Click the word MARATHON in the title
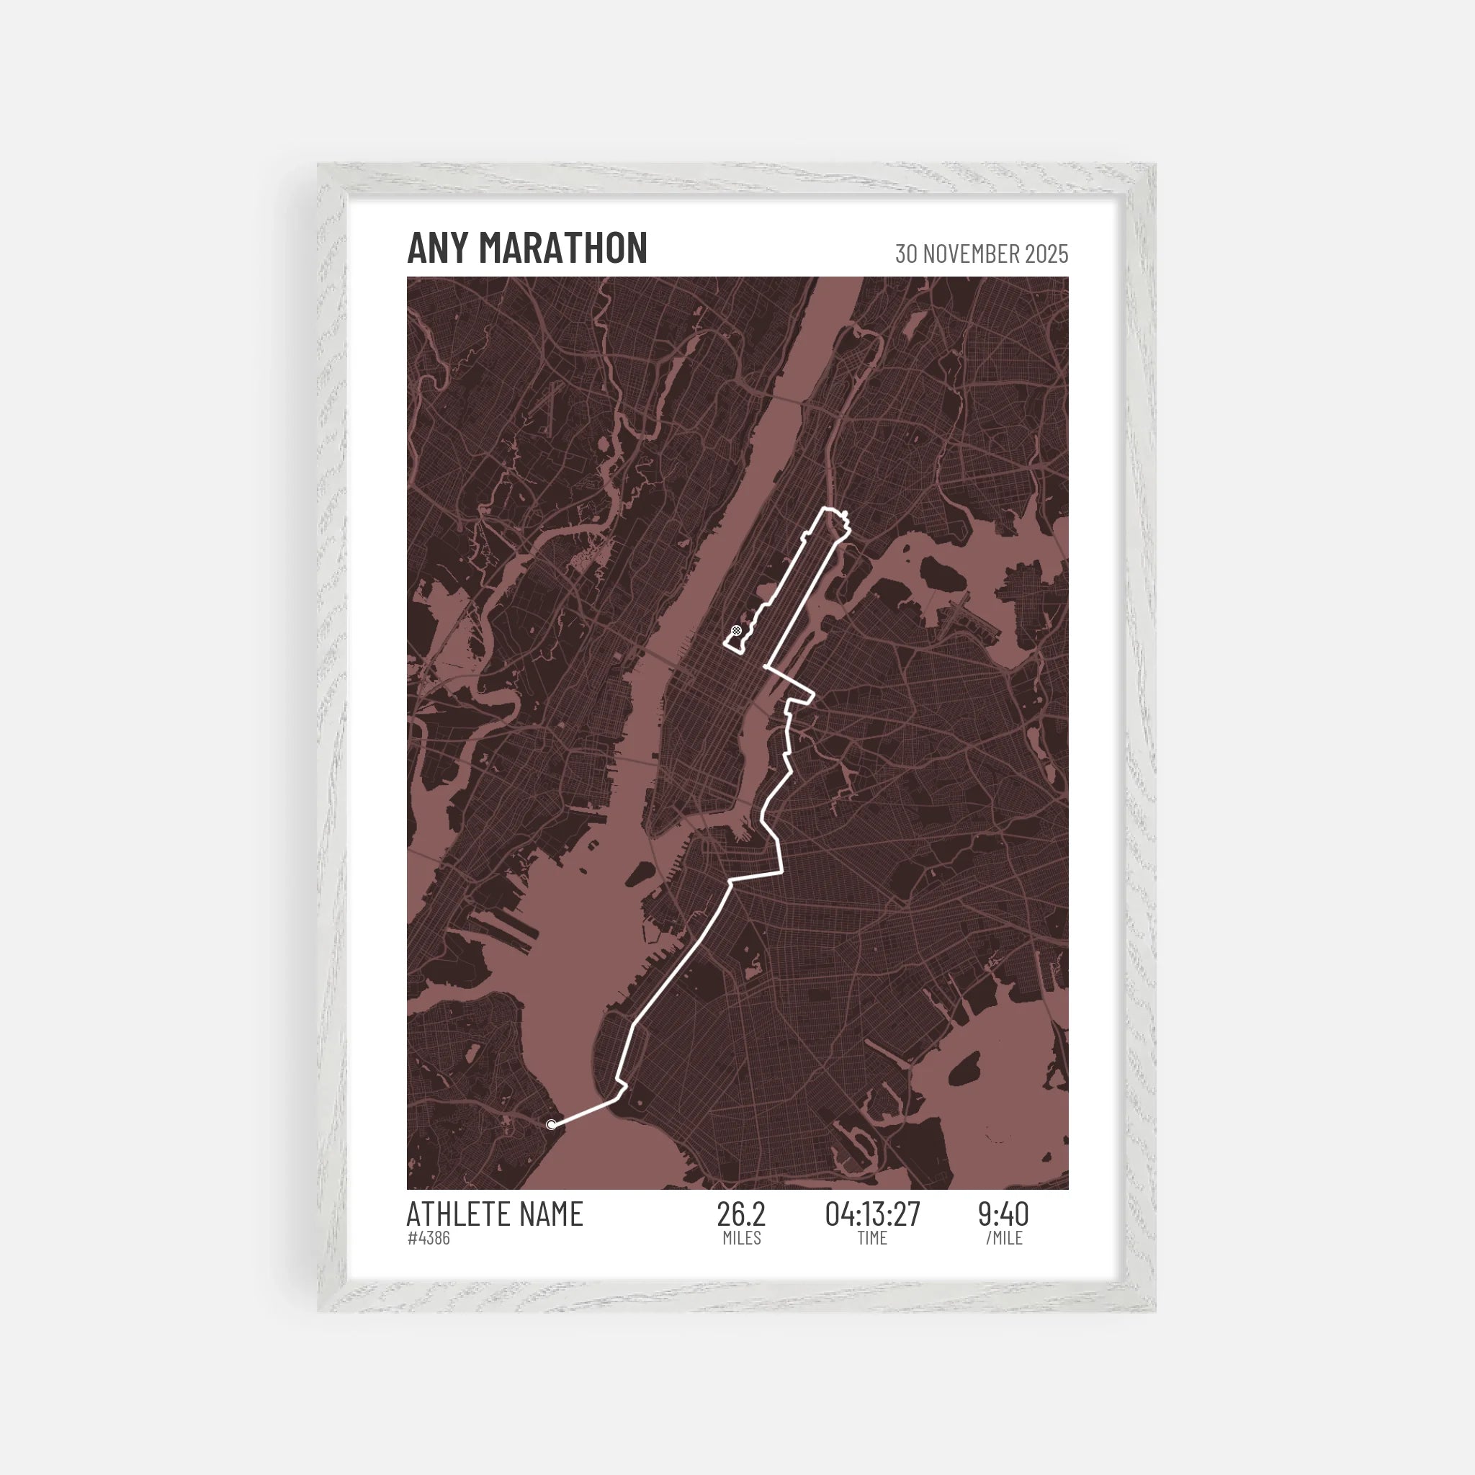[x=562, y=248]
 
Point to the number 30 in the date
[x=906, y=254]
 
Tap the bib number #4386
[x=429, y=1238]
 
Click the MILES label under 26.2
[x=741, y=1238]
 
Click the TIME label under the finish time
[x=872, y=1238]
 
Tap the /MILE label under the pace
[x=1004, y=1238]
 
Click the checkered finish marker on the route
[x=736, y=630]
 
